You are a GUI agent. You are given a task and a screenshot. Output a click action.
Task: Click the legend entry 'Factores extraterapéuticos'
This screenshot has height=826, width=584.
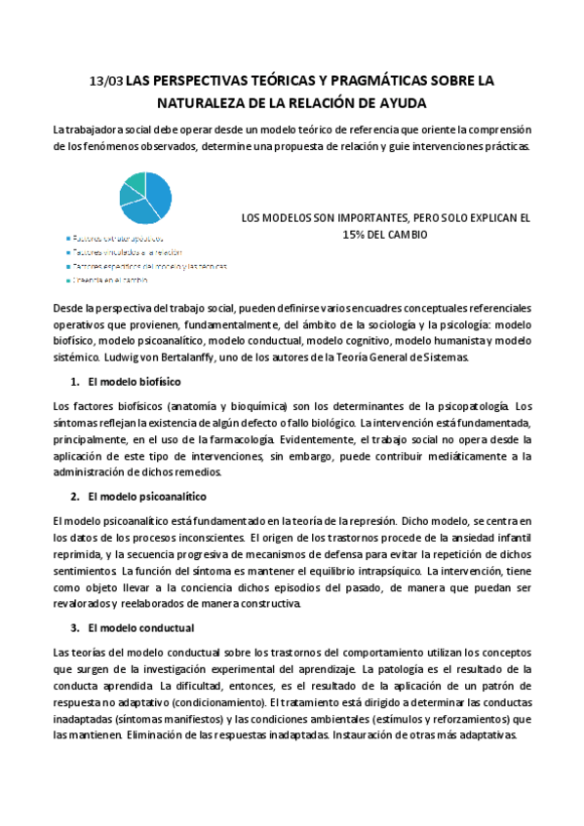pos(117,238)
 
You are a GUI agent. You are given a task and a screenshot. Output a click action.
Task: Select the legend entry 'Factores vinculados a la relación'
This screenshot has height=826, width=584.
pos(127,251)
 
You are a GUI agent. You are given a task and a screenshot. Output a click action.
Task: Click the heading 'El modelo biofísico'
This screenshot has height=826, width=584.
pos(133,383)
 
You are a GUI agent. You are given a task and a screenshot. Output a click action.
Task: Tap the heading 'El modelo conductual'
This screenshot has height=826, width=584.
pos(140,628)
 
